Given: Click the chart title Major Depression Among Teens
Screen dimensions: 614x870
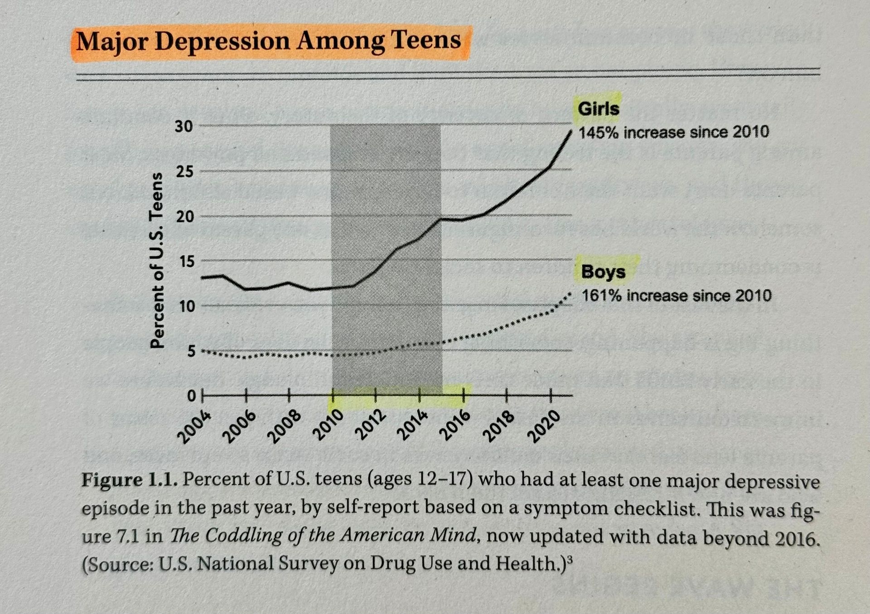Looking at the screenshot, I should (268, 41).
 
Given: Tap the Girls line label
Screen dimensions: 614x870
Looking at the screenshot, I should (598, 109).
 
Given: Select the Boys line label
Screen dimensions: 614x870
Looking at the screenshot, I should (603, 272).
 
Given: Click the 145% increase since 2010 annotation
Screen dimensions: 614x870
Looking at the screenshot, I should (674, 132).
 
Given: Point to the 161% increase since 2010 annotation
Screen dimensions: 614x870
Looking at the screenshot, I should (676, 295).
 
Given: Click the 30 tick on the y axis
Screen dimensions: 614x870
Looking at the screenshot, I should (184, 126).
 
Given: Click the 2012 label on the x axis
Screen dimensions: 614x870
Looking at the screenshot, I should (370, 426).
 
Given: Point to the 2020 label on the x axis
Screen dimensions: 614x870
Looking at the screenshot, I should (545, 426).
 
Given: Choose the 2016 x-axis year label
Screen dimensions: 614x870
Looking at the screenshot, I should (457, 426).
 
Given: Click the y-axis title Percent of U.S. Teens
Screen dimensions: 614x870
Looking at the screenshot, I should (157, 261).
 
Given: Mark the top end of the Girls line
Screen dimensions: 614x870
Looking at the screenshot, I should (571, 131).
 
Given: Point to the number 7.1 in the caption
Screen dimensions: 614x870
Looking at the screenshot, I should (128, 537).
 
